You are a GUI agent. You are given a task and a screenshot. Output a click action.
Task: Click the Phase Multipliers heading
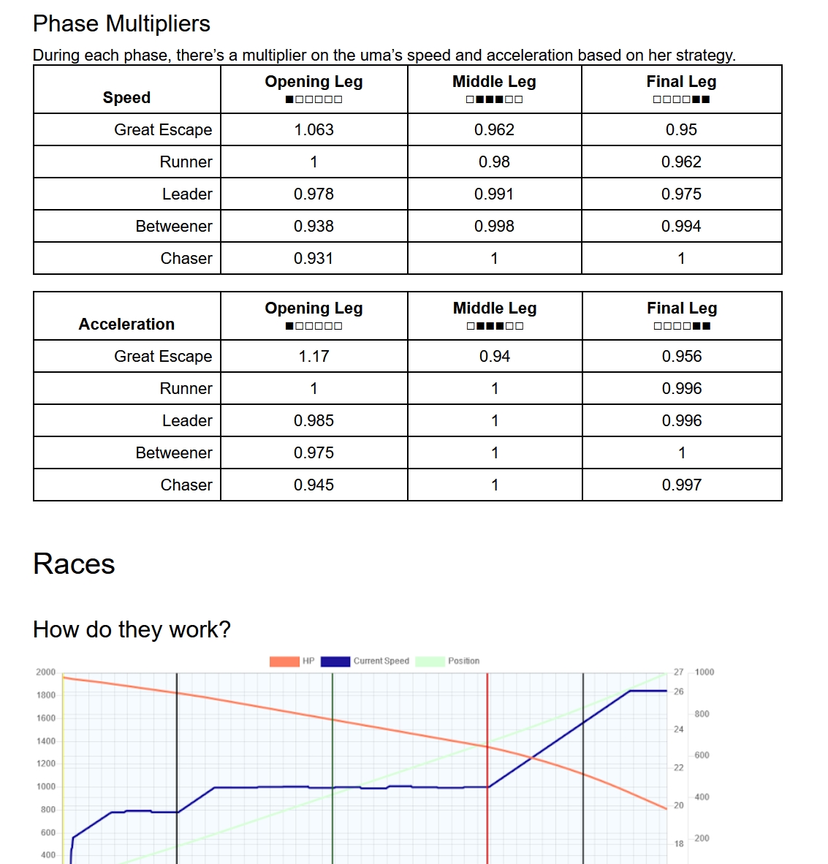tap(121, 23)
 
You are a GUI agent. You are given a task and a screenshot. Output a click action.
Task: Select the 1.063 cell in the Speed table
tap(314, 129)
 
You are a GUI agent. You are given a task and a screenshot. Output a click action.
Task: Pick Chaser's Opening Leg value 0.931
tap(314, 258)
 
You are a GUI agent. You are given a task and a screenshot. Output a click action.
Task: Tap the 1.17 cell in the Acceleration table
tap(314, 356)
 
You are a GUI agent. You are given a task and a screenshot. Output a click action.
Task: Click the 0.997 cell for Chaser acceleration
tap(681, 485)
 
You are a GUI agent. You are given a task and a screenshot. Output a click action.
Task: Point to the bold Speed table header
tap(126, 97)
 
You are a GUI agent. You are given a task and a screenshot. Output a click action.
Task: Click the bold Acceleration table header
tap(126, 324)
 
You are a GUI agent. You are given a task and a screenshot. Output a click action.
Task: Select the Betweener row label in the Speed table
tap(174, 226)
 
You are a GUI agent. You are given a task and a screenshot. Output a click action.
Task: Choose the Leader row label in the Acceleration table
tap(187, 420)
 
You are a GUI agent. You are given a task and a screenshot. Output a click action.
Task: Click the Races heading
tap(74, 564)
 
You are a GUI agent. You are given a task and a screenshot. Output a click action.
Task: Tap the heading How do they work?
tap(132, 629)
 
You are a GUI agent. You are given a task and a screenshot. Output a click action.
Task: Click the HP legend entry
tap(293, 661)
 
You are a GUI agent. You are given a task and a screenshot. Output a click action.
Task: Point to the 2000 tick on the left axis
tap(45, 672)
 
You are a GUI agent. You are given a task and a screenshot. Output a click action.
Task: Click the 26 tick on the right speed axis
tap(679, 691)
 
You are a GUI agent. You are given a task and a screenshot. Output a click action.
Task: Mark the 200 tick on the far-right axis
tap(702, 838)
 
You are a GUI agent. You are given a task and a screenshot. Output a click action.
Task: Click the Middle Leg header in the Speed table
tap(494, 82)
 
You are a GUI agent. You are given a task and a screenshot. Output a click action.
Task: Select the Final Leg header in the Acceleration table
tap(682, 308)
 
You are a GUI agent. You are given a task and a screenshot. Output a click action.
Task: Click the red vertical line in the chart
tap(487, 731)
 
